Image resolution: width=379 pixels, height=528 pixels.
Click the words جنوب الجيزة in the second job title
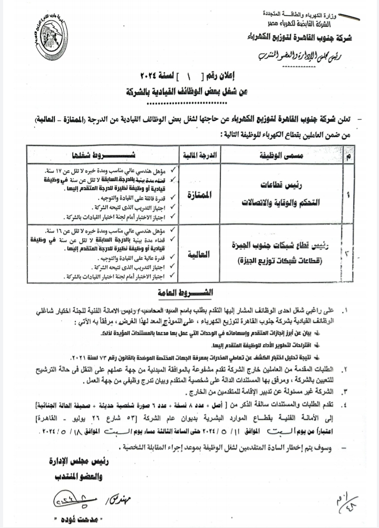(255, 246)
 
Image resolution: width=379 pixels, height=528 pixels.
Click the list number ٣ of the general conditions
(346, 392)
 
